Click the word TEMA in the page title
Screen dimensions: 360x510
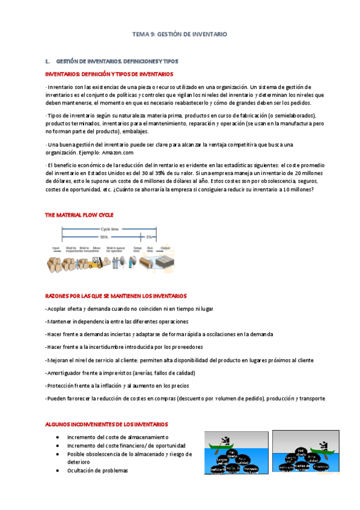click(140, 35)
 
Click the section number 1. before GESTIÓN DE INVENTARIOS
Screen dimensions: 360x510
click(47, 61)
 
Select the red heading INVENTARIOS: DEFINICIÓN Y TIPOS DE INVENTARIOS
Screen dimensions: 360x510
click(109, 74)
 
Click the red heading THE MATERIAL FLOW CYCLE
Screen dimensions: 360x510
click(79, 215)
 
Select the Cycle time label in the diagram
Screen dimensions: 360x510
click(109, 230)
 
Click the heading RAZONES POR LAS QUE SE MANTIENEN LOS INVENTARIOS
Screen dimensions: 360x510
click(116, 296)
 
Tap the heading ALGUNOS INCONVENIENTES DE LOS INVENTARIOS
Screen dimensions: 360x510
click(107, 424)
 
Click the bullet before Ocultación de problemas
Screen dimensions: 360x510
click(56, 470)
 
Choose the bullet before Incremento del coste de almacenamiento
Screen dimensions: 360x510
click(56, 437)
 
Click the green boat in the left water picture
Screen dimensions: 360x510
click(224, 445)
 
